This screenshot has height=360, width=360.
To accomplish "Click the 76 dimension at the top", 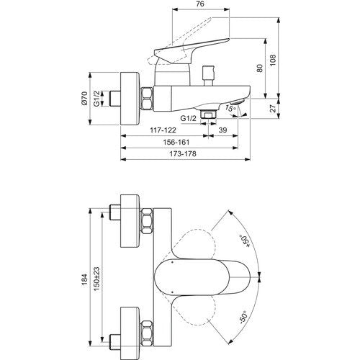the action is coord(199,4).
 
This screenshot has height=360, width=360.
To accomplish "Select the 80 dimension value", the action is coord(260,68).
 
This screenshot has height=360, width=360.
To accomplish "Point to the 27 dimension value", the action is coord(273,109).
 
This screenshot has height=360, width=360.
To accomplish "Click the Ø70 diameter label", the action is coord(84,98).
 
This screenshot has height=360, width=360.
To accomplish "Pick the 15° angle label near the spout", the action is coord(230,108).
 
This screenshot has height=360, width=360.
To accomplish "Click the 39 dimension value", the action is coord(222,130).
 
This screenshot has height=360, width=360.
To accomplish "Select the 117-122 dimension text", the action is coord(163,130).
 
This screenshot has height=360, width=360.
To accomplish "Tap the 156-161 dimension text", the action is coord(176,143).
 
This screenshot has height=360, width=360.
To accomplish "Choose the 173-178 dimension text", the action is coord(183,154).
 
